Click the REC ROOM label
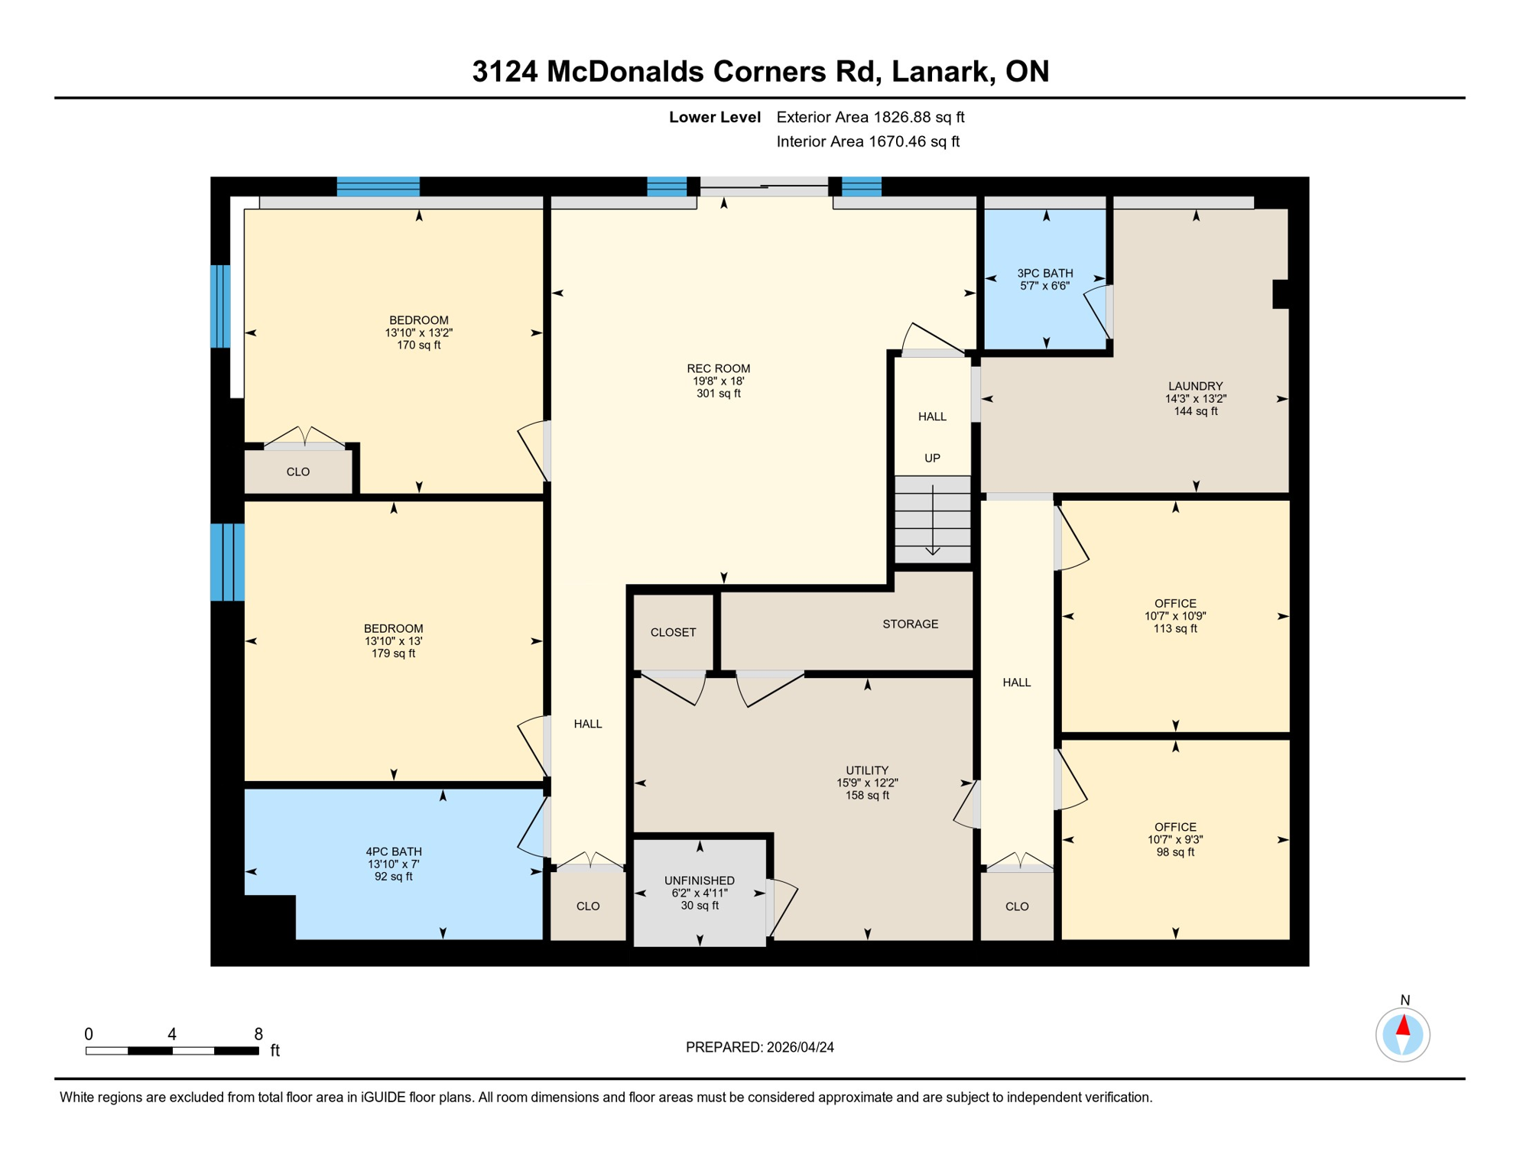tap(718, 369)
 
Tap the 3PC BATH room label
tap(1044, 274)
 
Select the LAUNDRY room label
tap(1195, 387)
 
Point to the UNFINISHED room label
tap(699, 881)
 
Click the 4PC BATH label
tap(393, 852)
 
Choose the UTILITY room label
tap(866, 770)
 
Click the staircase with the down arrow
tap(933, 520)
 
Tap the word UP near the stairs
tap(932, 459)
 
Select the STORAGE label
tap(910, 624)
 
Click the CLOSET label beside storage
tap(673, 633)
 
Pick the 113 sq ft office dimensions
tap(1175, 617)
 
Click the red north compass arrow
tap(1403, 1026)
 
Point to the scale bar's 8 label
tap(258, 1034)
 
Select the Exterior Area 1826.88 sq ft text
tap(870, 117)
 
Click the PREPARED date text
tap(759, 1048)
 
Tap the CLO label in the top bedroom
tap(298, 472)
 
